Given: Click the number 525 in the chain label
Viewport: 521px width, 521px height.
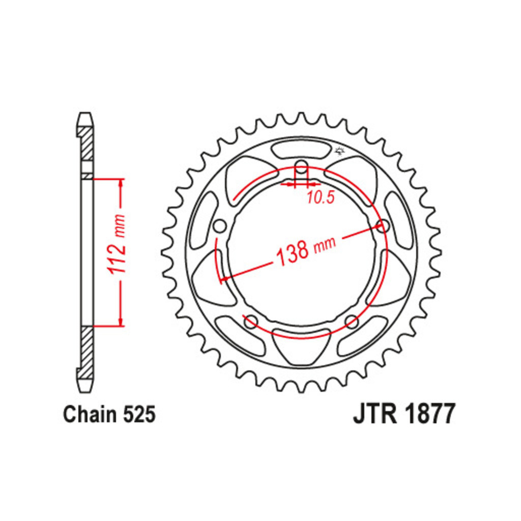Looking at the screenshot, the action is (x=139, y=415).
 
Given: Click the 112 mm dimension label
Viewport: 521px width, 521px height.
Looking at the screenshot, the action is (x=118, y=244).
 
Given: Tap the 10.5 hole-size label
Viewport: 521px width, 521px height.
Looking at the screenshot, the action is (x=320, y=198).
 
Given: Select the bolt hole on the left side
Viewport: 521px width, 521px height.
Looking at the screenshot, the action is (x=219, y=226).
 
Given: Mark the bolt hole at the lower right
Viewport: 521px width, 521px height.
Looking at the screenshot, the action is (x=352, y=322).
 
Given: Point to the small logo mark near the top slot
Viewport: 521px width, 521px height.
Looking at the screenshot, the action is (x=340, y=151).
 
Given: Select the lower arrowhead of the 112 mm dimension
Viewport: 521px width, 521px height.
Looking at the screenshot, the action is (x=121, y=321).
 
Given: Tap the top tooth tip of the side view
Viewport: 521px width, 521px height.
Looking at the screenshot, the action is (x=85, y=113).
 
